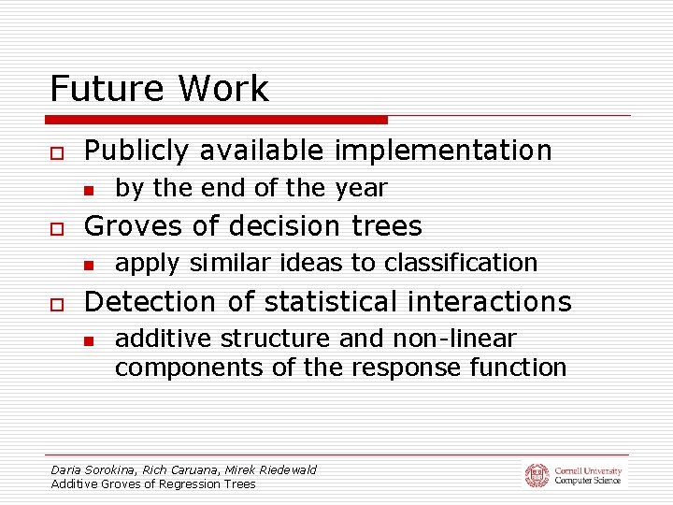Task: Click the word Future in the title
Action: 102,89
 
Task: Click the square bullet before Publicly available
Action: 57,151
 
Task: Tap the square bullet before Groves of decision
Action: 57,227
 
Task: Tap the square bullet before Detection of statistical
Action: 57,303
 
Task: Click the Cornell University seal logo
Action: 537,475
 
